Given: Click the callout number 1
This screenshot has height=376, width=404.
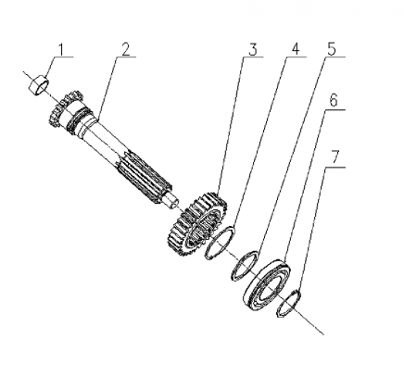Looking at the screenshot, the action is (61, 50).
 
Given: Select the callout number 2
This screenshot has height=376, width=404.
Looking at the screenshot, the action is (126, 49).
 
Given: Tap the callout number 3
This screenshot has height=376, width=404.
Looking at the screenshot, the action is (253, 49).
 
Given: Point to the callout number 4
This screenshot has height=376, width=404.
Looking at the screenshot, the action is (296, 49).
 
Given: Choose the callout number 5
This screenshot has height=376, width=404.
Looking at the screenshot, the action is (332, 49).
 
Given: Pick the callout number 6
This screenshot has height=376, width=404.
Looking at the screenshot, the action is (333, 101).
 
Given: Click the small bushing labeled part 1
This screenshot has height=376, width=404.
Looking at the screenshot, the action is (39, 84).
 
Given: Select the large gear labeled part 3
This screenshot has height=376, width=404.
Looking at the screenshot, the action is (197, 223).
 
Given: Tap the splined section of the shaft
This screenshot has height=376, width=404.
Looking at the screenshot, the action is (144, 176).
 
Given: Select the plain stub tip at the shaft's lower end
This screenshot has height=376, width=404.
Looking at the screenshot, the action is (172, 203).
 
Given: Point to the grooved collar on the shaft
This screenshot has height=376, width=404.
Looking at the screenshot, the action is (80, 120).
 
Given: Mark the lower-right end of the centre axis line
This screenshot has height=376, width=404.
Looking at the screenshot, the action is (324, 334).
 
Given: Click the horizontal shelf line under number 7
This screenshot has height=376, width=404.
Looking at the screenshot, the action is (335, 167).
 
